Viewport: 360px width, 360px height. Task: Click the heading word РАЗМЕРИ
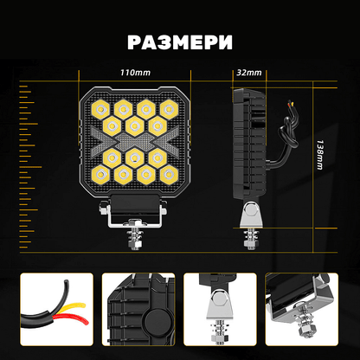180,42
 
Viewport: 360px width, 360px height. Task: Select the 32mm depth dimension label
248,73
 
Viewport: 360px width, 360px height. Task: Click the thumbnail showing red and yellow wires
56,307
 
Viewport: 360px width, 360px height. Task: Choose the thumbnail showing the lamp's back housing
138,307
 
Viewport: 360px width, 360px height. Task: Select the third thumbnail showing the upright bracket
219,307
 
